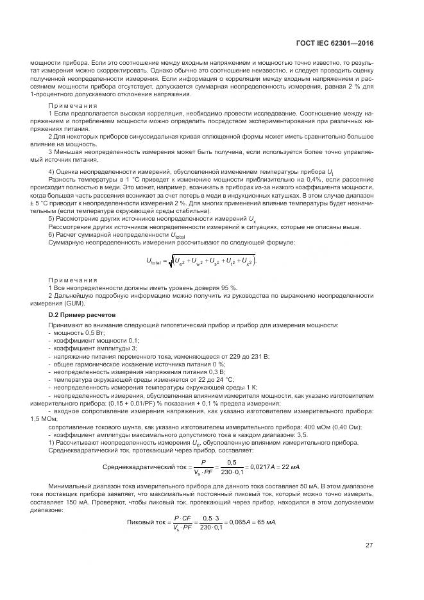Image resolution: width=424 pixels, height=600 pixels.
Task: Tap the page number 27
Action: pos(369,545)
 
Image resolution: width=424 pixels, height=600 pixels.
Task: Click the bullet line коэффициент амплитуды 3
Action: pos(91,348)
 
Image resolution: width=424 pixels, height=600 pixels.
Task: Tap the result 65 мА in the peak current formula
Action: pos(265,522)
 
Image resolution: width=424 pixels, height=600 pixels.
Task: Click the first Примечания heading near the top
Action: pos(73,105)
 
